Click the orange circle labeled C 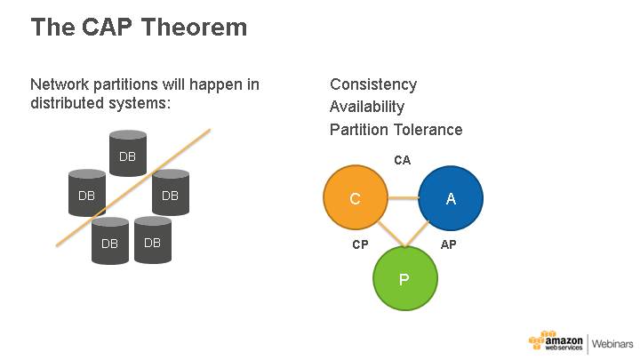355,199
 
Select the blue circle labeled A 451,199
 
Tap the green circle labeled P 404,279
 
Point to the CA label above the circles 403,160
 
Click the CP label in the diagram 360,244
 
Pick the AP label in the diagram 449,244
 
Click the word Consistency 373,84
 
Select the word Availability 367,107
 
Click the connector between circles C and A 402,199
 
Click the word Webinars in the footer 612,343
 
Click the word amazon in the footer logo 564,339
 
